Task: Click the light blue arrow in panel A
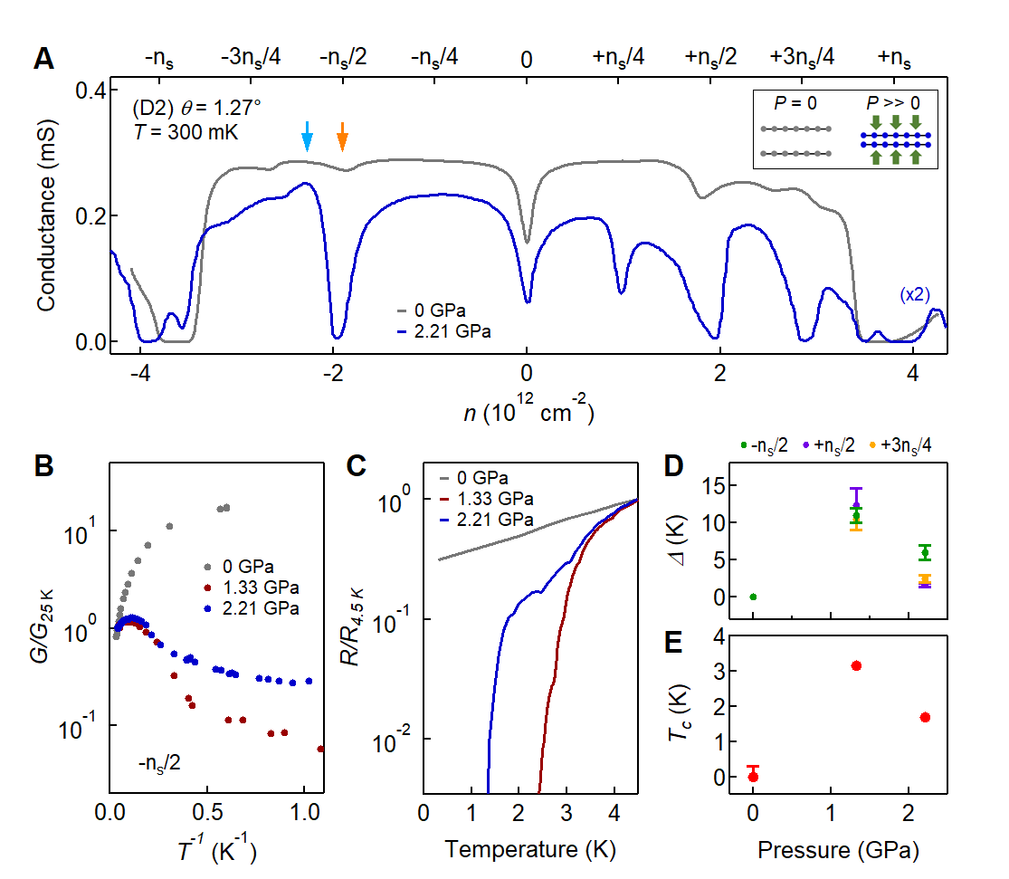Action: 307,136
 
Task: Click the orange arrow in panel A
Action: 342,136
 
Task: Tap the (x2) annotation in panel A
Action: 915,294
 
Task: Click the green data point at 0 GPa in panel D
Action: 753,597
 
